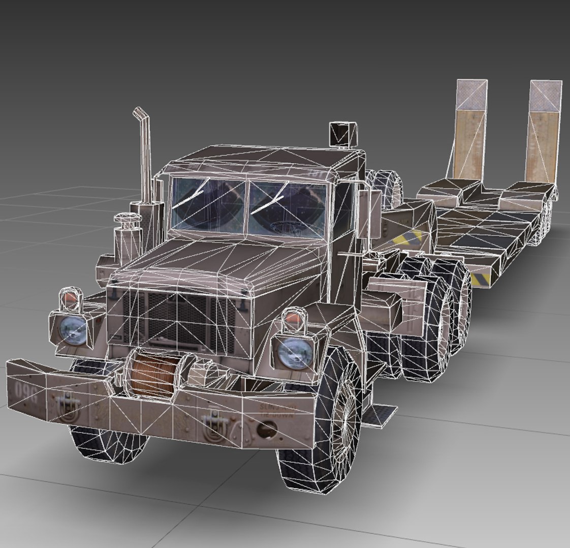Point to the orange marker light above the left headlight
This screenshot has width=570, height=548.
pos(70,301)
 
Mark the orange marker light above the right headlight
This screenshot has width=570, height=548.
pos(293,319)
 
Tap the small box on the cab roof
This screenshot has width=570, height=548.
pos(342,133)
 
